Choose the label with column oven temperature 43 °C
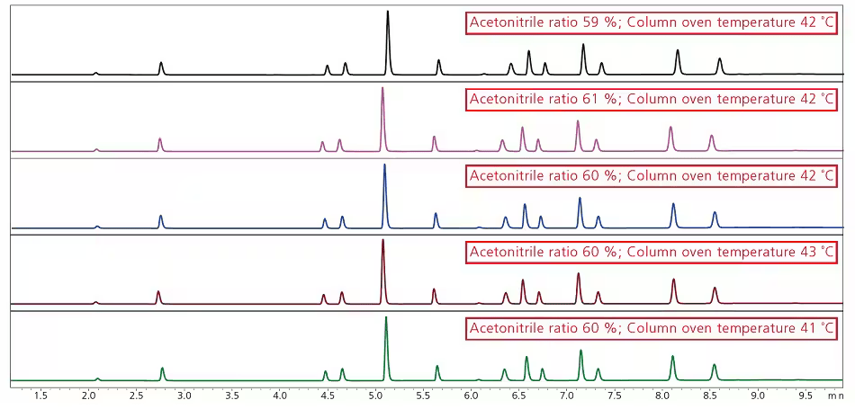[x=652, y=253]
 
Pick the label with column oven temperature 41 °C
[x=652, y=329]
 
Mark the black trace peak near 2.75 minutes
[x=161, y=67]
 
